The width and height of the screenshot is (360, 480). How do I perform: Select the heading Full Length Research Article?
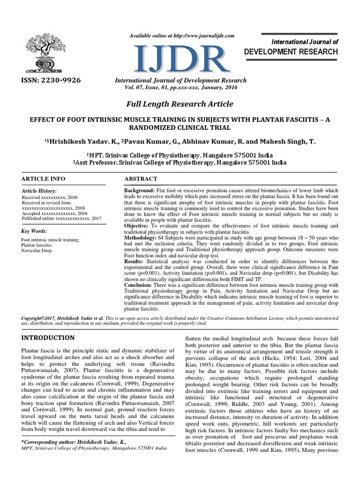point(180,104)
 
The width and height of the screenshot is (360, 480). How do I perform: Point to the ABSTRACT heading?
point(141,179)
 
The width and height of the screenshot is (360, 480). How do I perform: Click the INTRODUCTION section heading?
point(49,337)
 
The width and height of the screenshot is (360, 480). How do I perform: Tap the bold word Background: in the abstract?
point(139,191)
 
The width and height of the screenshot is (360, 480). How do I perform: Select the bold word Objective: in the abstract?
point(137,226)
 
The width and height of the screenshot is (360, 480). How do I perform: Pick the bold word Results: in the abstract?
point(134,261)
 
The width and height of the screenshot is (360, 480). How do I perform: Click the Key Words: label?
point(35,231)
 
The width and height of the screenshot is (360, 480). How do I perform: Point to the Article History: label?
point(39,191)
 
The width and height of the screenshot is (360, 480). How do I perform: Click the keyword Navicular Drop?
point(37,251)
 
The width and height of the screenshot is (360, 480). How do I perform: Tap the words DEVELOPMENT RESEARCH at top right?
point(291,52)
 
